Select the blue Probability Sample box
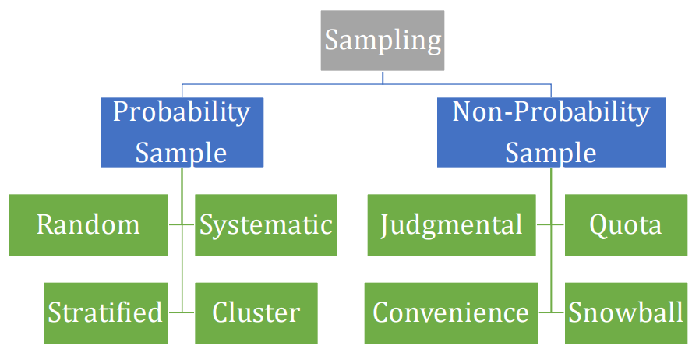[x=182, y=132]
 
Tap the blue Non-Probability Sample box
[x=551, y=132]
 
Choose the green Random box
[x=88, y=225]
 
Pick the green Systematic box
[x=266, y=225]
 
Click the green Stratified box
[x=105, y=312]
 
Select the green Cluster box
[x=256, y=312]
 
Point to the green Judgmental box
[x=451, y=225]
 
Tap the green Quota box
[x=626, y=225]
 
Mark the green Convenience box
[x=450, y=312]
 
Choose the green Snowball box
[x=626, y=312]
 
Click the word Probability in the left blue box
[x=182, y=111]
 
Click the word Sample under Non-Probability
[x=551, y=152]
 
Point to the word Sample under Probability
[x=182, y=152]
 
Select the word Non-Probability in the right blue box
[x=551, y=111]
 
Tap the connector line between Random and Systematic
[x=182, y=225]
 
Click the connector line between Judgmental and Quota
[x=551, y=225]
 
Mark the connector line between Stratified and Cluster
[x=182, y=312]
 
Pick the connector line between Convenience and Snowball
[x=551, y=312]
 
